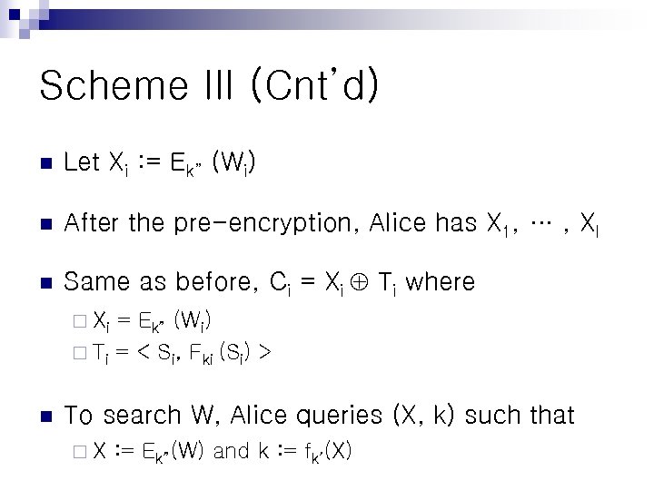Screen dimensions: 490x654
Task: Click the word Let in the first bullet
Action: (83, 163)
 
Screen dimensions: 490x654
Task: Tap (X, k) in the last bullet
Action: (424, 415)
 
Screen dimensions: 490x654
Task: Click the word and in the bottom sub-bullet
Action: (231, 451)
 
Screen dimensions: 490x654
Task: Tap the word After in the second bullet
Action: (91, 222)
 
